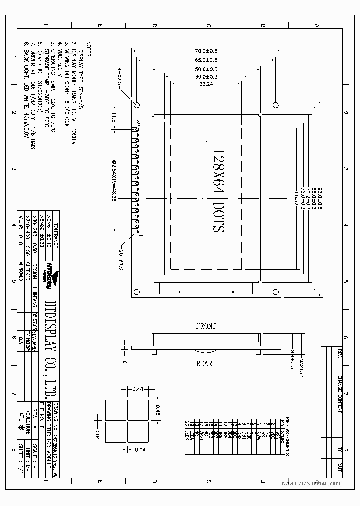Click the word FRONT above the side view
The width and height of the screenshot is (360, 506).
tap(206, 326)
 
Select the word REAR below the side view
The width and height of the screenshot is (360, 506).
tap(204, 363)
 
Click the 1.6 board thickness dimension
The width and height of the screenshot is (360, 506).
tap(124, 361)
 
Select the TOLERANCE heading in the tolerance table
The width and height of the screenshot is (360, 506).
tap(55, 235)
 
